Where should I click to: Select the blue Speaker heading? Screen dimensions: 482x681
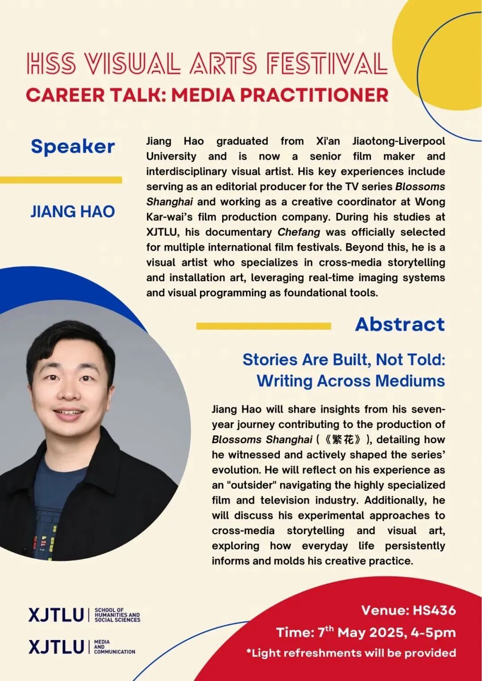tap(73, 146)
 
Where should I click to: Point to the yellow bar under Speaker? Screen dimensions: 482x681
tap(61, 180)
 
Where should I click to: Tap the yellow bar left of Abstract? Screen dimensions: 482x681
tap(263, 326)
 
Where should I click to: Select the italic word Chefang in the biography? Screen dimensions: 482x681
tap(299, 232)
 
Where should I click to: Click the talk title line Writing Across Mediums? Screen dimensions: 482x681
tap(351, 381)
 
